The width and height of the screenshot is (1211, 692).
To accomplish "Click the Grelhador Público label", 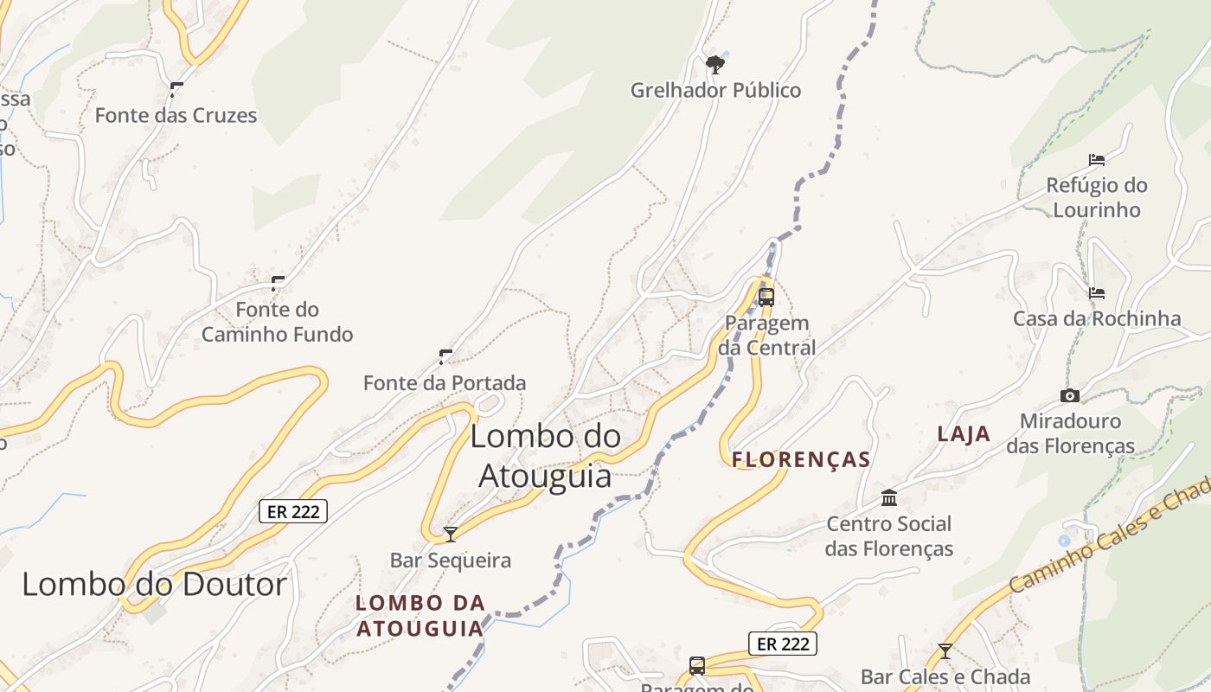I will coord(715,90).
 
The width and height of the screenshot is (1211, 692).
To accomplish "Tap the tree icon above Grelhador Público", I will coord(714,63).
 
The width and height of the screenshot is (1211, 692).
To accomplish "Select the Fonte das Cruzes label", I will coord(176,115).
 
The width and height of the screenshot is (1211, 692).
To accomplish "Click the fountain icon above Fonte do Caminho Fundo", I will coord(278,283).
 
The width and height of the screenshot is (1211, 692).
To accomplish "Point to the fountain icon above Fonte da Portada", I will coord(445,356).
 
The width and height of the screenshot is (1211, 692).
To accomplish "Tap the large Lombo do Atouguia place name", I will coord(545,456).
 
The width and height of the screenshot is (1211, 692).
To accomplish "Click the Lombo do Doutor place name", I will coord(154,585).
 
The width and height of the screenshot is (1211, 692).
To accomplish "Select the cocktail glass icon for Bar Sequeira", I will coord(450,535).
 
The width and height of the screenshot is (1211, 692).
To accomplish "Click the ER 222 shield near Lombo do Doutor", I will coord(294,511).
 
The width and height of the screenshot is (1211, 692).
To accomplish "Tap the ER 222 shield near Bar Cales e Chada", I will coord(782,644).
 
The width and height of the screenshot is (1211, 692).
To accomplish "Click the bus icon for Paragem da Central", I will coord(766,298).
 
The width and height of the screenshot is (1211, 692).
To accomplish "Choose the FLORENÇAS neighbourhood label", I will coord(801,459).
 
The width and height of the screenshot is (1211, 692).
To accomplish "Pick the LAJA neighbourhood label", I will coord(964,434).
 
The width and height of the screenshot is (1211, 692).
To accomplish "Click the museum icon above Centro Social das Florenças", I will coord(889,497).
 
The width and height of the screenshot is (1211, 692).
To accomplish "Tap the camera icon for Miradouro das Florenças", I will coord(1070,396).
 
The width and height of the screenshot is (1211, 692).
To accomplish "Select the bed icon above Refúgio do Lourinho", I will coord(1097,160).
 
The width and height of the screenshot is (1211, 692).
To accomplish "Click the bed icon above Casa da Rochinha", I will coord(1097,293).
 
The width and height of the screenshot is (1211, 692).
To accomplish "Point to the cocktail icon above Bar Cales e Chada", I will coord(945,651).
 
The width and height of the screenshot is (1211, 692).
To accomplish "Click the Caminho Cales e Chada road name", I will coord(1112,536).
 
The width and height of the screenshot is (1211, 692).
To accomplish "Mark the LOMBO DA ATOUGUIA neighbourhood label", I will coord(420,615).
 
